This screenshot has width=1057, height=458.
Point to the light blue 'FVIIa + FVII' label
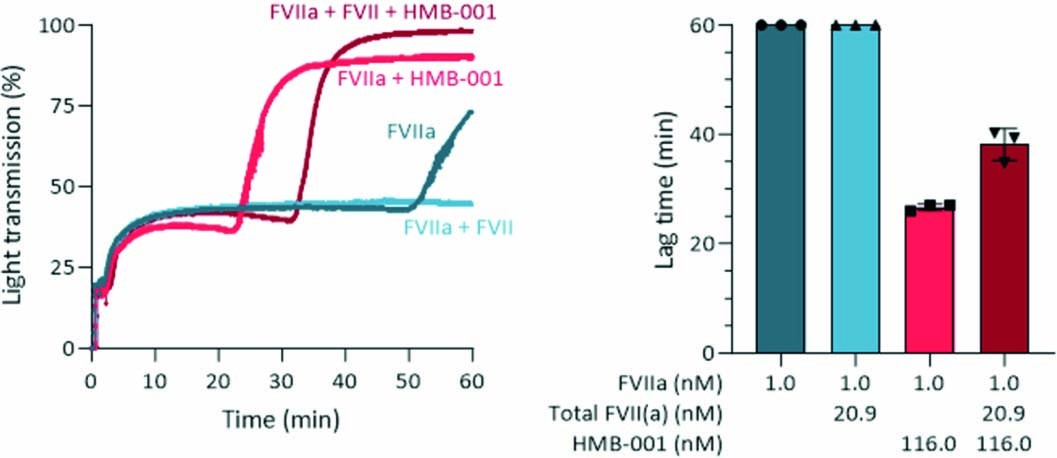(x=458, y=228)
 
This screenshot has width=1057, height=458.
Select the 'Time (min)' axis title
(x=282, y=417)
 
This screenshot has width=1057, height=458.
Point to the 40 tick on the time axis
(x=345, y=381)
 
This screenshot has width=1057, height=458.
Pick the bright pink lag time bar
(x=930, y=280)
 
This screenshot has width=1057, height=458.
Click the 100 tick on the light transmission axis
(x=60, y=24)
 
